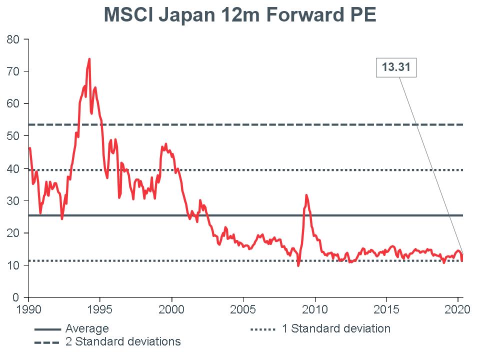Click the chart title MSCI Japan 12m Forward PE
point(239,15)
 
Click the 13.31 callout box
point(396,67)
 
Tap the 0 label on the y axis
point(17,297)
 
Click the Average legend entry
point(87,329)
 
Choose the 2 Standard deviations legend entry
point(122,342)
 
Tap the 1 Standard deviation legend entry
point(335,329)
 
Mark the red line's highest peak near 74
point(89,59)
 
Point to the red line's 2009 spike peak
point(306,195)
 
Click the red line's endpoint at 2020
point(462,260)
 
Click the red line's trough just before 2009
point(298,265)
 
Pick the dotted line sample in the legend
point(262,329)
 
